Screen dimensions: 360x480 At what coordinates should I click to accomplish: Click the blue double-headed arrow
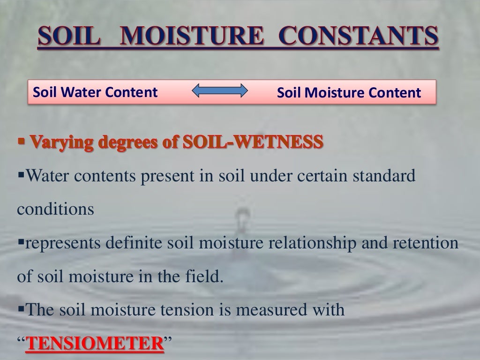[x=220, y=91]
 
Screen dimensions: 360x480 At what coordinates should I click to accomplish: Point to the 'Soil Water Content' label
[x=95, y=92]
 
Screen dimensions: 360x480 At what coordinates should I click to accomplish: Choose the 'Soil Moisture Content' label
[x=349, y=93]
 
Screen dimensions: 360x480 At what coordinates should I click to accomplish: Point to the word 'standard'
[x=388, y=177]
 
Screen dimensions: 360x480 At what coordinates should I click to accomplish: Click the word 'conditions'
[x=55, y=209]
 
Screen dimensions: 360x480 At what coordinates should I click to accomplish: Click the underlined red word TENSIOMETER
[x=93, y=343]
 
